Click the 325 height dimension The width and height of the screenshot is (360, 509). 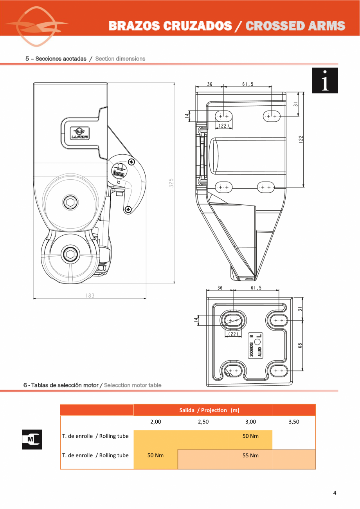(171, 183)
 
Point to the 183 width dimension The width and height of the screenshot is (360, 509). (90, 296)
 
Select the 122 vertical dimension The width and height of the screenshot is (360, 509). (301, 139)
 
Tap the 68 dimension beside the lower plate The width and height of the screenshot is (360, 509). (300, 345)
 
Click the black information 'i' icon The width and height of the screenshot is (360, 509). (325, 81)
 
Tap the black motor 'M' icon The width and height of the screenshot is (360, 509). (32, 439)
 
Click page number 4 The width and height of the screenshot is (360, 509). (335, 493)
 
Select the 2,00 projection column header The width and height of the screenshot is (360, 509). (156, 422)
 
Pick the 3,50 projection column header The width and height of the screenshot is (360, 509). (293, 422)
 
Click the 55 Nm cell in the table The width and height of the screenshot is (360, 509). (250, 455)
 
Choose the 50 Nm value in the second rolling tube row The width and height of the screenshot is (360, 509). (155, 455)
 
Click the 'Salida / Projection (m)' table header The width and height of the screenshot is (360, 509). (209, 410)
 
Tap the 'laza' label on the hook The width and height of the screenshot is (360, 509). (119, 173)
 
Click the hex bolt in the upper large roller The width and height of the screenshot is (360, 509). (71, 202)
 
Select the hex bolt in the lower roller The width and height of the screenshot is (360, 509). (71, 254)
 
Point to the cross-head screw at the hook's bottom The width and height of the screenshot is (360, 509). (128, 210)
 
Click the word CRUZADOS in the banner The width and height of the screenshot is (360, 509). (197, 26)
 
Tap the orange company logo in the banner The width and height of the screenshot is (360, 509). (36, 26)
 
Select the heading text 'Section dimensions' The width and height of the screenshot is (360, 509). (120, 59)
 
